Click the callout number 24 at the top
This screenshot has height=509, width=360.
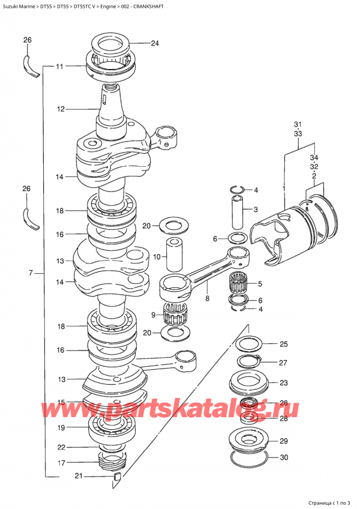pyautogui.click(x=155, y=43)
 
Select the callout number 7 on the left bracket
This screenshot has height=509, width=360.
pyautogui.click(x=30, y=274)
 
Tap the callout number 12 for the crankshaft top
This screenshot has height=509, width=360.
pyautogui.click(x=60, y=109)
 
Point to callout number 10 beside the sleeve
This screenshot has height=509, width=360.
pyautogui.click(x=157, y=257)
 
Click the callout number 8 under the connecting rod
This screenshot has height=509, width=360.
pyautogui.click(x=207, y=298)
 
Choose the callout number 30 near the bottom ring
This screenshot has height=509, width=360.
pyautogui.click(x=283, y=457)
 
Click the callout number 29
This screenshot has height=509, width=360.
pyautogui.click(x=283, y=440)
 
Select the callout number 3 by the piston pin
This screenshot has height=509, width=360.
pyautogui.click(x=255, y=209)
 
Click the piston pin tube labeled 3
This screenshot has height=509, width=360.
pyautogui.click(x=238, y=211)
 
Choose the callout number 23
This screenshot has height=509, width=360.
pyautogui.click(x=283, y=383)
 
